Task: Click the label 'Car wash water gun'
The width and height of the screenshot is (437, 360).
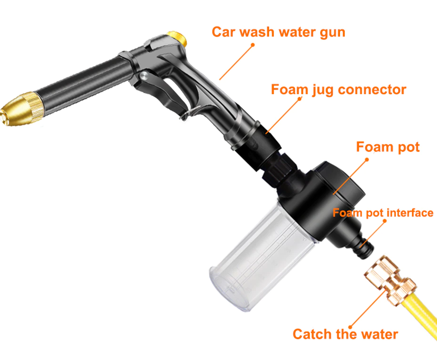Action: click(x=279, y=32)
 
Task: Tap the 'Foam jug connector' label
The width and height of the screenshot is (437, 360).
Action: click(x=339, y=90)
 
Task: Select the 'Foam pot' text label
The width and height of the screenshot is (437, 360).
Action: click(x=388, y=147)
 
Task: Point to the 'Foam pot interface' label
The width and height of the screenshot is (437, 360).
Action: click(x=383, y=213)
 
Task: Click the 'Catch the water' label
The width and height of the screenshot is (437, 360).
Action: click(x=345, y=334)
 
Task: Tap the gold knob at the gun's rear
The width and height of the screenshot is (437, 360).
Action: click(x=177, y=38)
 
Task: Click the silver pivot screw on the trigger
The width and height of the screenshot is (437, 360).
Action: click(x=144, y=76)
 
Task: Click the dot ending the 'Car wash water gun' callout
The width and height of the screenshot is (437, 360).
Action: click(x=253, y=44)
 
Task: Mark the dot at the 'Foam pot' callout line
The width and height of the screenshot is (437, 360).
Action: click(x=367, y=159)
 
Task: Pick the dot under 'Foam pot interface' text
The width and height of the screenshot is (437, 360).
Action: click(x=385, y=221)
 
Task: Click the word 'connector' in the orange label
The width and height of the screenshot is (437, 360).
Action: click(x=372, y=90)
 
